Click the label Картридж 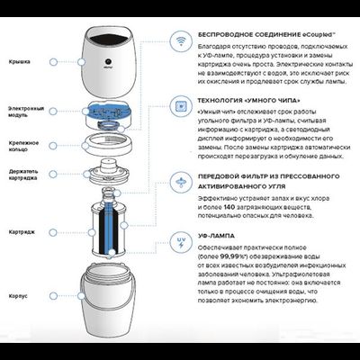point(20,229)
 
